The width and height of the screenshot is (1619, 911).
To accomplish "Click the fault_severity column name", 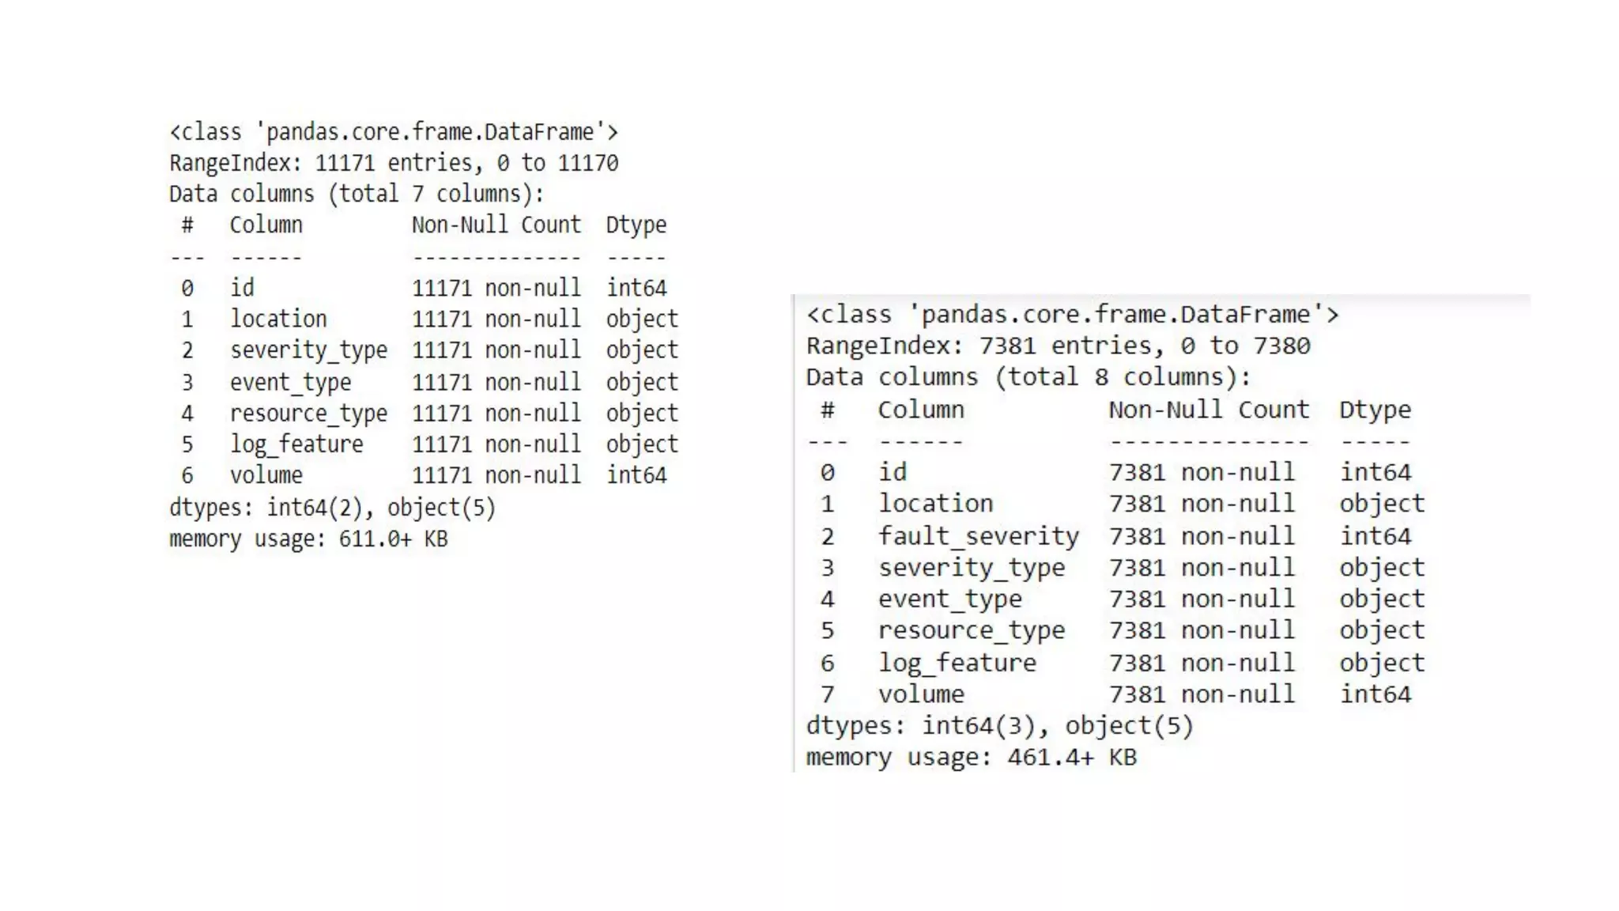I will coord(978,536).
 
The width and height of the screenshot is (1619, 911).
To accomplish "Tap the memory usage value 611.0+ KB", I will coord(393,539).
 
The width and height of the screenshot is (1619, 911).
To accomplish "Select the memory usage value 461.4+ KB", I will coord(1071,758).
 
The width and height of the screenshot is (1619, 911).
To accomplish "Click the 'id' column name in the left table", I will coord(242,288).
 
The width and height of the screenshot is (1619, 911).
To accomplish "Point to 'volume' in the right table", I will coord(921,694).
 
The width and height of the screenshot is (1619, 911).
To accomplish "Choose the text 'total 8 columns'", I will coord(1123,377).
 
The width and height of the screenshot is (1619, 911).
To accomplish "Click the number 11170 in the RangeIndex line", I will coord(588,163).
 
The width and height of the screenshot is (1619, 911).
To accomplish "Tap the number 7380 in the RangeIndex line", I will coord(1281,346).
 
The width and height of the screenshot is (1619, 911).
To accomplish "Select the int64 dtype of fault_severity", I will coord(1375,536).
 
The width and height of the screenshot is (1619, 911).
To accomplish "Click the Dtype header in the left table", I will coord(636,225).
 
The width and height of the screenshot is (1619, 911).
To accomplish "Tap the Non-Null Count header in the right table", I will coord(1208,410).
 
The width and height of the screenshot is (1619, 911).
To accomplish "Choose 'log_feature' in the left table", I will coord(296,444).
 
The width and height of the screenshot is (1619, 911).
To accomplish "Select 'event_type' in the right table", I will coord(949,599).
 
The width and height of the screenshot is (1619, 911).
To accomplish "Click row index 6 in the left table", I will coord(187,475).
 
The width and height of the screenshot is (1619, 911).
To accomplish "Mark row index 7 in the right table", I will coord(828,694).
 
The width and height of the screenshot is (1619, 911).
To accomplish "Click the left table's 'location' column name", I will coord(278,319).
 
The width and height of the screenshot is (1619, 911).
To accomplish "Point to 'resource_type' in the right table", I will coord(972,630).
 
